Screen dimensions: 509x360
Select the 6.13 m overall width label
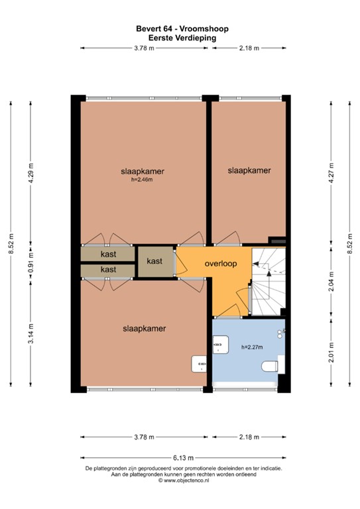coord(181,457)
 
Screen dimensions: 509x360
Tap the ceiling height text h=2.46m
coord(142,178)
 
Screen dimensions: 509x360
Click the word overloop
coord(221,263)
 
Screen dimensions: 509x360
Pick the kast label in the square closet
coord(154,262)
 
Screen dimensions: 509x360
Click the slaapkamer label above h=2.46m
coord(143,170)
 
